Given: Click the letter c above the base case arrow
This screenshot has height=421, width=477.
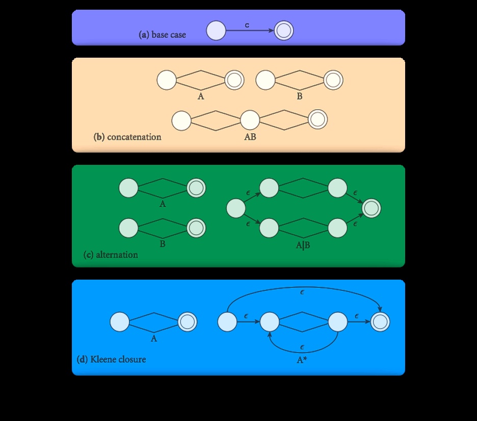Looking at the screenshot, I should [x=247, y=25].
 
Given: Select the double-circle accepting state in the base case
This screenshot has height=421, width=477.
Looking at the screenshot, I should [x=284, y=31].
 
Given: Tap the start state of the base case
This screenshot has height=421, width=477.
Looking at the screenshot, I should [x=216, y=31].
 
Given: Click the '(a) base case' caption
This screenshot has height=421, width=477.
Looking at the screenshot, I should [x=163, y=35].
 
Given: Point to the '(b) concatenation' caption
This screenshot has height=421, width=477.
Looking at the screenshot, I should [x=127, y=137].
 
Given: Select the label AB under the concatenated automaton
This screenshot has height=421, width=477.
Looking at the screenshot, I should [x=250, y=137].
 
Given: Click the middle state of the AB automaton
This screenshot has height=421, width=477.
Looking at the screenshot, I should [x=250, y=120].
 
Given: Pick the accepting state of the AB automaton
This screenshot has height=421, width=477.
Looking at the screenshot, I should [x=317, y=119].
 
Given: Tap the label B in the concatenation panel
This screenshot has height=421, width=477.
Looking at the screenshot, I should [x=299, y=96].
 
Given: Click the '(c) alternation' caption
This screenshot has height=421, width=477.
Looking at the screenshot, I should [x=111, y=254].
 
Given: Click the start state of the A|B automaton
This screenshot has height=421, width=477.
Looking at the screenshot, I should [x=236, y=208].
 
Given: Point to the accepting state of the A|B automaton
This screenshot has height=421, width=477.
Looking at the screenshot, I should [x=372, y=208].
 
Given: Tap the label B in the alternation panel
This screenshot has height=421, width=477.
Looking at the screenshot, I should [x=163, y=244].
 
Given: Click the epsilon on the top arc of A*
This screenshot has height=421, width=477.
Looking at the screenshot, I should [x=303, y=292].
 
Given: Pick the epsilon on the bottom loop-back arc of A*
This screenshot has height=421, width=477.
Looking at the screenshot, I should [x=303, y=347].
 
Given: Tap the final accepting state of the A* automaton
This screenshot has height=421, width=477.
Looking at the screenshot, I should [x=380, y=322].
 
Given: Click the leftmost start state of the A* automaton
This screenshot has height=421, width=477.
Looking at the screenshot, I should [x=227, y=322].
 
